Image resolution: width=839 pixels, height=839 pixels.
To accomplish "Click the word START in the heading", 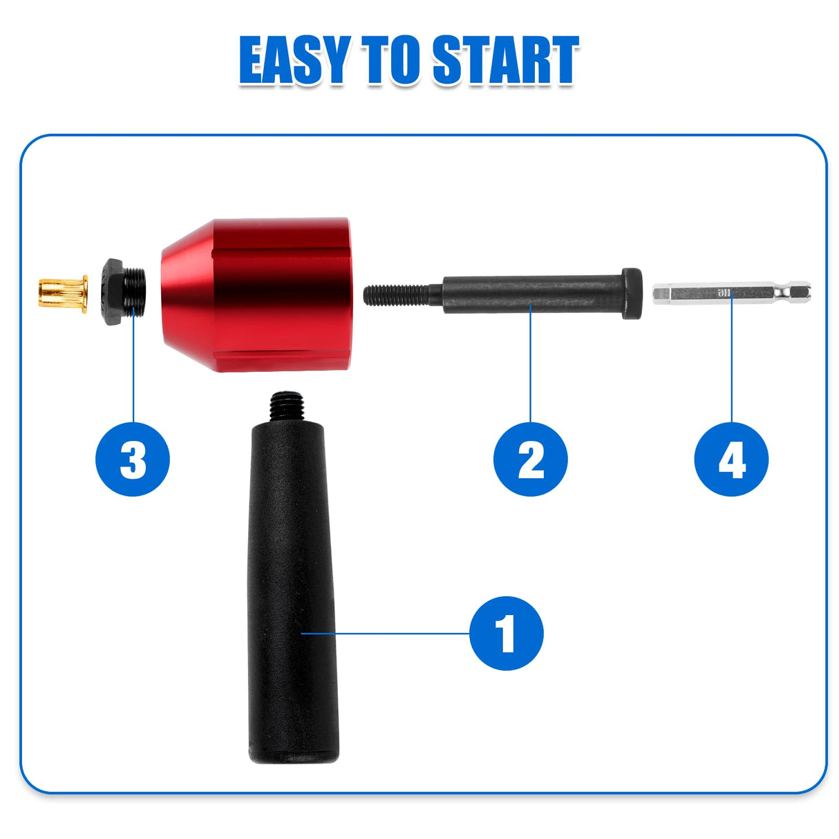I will [x=505, y=61].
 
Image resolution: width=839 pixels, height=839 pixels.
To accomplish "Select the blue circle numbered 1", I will [x=506, y=633].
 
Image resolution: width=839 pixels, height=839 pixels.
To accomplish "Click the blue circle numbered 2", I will [x=530, y=460].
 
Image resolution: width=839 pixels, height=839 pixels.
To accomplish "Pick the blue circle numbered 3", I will [x=133, y=460].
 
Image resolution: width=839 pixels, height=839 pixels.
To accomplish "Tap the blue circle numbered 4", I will [x=731, y=460].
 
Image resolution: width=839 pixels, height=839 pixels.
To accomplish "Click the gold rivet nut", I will [x=63, y=294].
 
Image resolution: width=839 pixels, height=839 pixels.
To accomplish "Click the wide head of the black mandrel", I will [x=632, y=294].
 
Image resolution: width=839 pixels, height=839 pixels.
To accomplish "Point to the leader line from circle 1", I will [x=387, y=632].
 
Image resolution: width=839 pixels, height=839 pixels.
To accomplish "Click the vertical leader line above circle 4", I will [x=731, y=366].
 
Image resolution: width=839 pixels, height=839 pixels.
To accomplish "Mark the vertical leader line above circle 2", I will [x=530, y=366].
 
